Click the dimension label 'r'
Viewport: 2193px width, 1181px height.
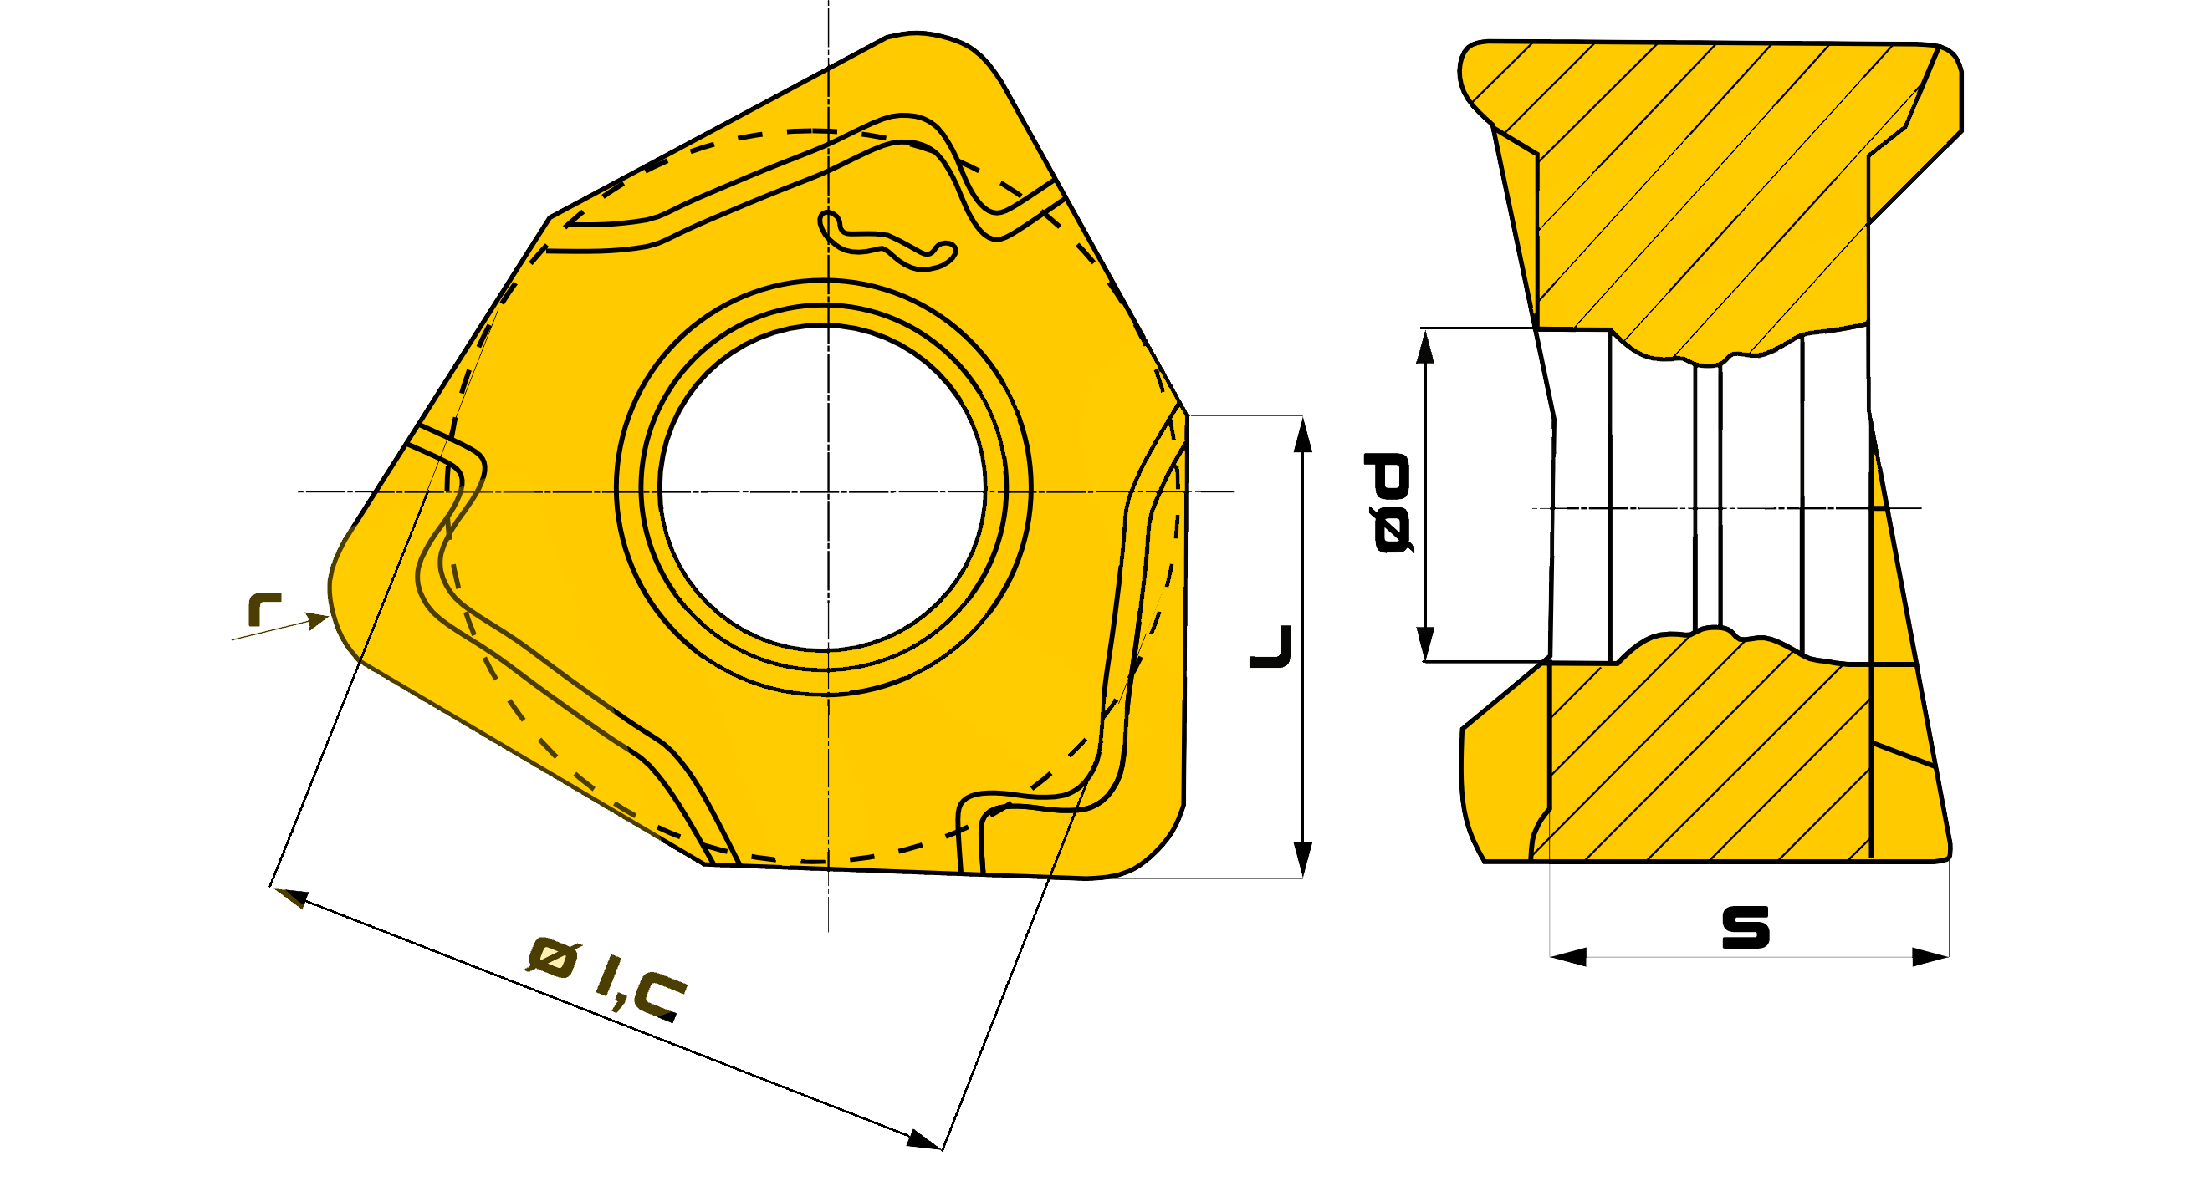(264, 609)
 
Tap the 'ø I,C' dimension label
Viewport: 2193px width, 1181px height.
(606, 977)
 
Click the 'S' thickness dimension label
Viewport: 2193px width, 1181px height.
(1746, 928)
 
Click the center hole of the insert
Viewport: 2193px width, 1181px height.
(822, 487)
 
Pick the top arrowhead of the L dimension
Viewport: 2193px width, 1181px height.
(1302, 433)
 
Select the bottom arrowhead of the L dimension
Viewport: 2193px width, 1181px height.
(1302, 860)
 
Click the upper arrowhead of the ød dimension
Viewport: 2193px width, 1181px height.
(1425, 345)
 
